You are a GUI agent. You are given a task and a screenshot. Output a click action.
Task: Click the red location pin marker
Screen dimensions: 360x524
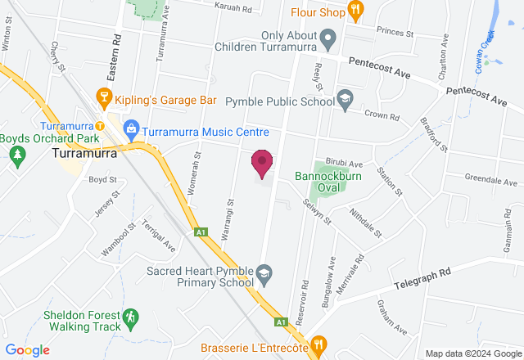pyautogui.click(x=262, y=163)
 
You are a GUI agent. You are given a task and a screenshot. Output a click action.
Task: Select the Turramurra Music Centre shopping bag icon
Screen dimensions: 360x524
pyautogui.click(x=131, y=129)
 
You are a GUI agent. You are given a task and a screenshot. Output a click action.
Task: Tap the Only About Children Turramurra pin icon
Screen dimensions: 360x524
pyautogui.click(x=327, y=38)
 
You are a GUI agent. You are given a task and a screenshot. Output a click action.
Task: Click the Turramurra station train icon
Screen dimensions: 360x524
pyautogui.click(x=98, y=125)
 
